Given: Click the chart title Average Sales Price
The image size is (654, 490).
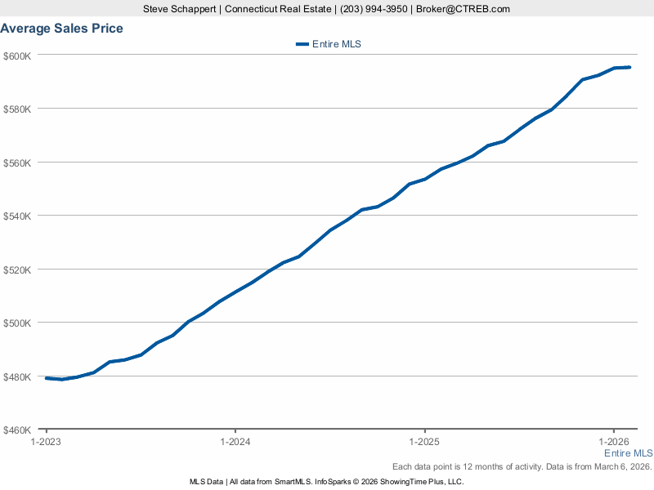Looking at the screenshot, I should coord(62,29).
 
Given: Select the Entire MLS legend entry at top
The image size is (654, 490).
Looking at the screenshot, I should coord(329,44).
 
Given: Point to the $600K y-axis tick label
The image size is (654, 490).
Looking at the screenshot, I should coord(17,56).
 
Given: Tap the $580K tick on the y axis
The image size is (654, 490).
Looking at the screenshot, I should coord(17,109).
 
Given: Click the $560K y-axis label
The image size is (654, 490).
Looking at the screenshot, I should coord(17,163).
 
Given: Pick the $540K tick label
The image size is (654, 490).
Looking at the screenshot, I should coord(17,216).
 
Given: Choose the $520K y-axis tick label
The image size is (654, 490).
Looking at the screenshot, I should coord(17,269).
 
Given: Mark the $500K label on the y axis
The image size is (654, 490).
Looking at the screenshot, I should coord(17,323).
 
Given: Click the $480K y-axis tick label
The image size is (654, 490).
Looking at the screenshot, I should coord(17,376).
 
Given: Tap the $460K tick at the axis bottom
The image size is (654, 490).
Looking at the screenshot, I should coord(17,430).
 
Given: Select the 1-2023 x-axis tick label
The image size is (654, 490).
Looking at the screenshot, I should coord(47,442).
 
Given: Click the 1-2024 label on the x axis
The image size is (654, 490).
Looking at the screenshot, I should coord(235,442).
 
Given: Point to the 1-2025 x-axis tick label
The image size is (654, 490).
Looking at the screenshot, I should coord(425,442).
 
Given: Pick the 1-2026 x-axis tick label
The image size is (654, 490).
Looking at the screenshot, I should coord(614,442).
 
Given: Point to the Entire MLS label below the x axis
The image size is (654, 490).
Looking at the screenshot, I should coord(628,453).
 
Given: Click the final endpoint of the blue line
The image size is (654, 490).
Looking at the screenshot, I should coord(629,67).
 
